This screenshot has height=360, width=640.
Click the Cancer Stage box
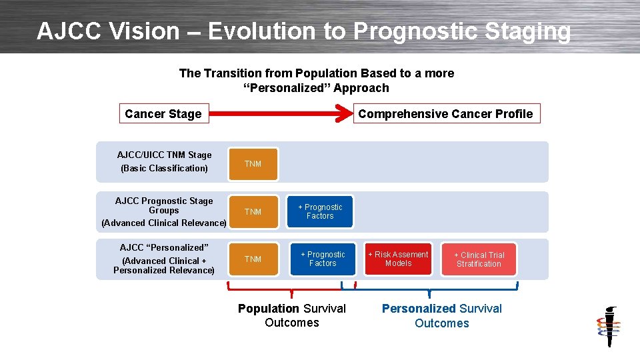click(x=163, y=114)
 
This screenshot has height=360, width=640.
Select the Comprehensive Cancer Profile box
click(x=445, y=114)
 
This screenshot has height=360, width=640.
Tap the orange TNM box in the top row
click(x=253, y=164)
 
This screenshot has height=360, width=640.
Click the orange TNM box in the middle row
click(x=253, y=212)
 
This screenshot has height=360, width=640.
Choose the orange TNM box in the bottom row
click(x=253, y=259)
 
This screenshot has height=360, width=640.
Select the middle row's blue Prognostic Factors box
click(x=320, y=212)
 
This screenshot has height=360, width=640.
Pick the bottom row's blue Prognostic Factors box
click(x=323, y=259)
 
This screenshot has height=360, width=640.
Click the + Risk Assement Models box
click(x=398, y=259)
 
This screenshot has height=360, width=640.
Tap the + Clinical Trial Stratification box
click(x=479, y=259)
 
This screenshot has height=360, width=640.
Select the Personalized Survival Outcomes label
click(x=441, y=316)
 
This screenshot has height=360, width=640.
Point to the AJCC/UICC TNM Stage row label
click(x=164, y=155)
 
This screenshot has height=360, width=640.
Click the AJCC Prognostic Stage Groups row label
click(x=164, y=205)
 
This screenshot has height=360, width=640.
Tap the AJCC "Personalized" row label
click(x=164, y=247)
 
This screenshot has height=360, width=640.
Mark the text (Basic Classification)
click(x=164, y=168)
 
